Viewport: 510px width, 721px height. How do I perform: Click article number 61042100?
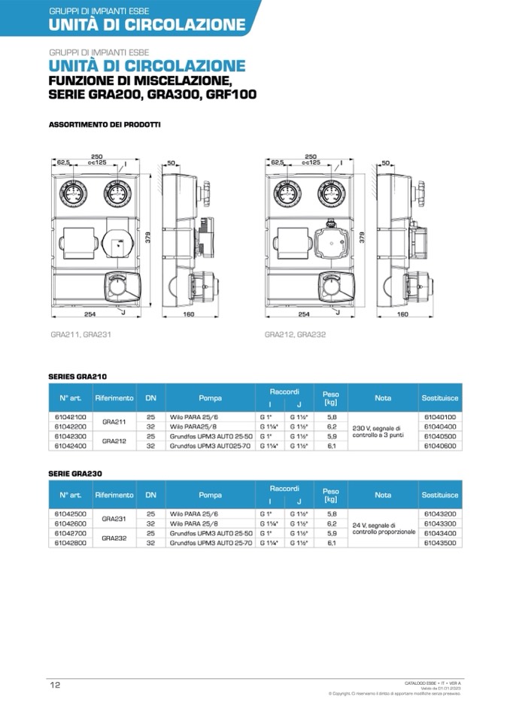point(71,416)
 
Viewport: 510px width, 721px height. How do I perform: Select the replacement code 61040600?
point(440,445)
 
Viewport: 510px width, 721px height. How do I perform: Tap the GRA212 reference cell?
point(114,441)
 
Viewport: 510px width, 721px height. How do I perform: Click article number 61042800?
point(71,542)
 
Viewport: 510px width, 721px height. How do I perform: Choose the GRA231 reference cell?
point(114,518)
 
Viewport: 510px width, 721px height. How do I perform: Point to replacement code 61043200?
point(440,513)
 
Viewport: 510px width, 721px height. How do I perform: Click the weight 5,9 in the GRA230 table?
point(331,532)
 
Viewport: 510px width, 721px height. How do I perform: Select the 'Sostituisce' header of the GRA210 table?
point(440,397)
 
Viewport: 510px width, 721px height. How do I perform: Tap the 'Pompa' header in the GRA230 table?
point(211,495)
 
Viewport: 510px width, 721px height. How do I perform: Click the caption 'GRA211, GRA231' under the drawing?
point(79,335)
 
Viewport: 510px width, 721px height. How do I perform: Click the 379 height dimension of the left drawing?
point(148,238)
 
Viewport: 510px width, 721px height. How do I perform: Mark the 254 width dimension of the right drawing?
point(304,315)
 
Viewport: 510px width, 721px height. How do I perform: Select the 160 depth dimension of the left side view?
point(189,315)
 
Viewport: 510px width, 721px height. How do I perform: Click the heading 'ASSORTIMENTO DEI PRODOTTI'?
point(105,124)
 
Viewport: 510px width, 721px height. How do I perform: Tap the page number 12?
point(55,685)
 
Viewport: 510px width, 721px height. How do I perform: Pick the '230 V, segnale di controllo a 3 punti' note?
point(383,431)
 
